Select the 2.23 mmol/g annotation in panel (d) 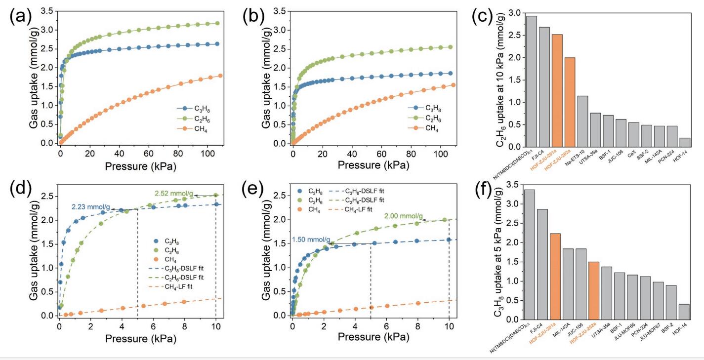pos(91,207)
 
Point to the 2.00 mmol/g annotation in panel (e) pos(404,216)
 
